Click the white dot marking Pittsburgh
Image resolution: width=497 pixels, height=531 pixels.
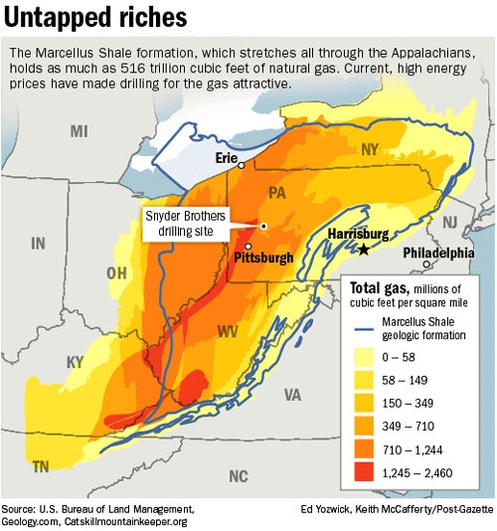coord(248,245)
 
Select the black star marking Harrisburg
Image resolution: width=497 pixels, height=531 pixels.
coord(364,249)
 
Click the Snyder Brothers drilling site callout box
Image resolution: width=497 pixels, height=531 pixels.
coord(186,224)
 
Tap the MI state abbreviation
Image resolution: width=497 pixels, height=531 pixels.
coord(80,131)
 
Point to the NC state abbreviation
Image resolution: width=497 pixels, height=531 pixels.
coord(237,475)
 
